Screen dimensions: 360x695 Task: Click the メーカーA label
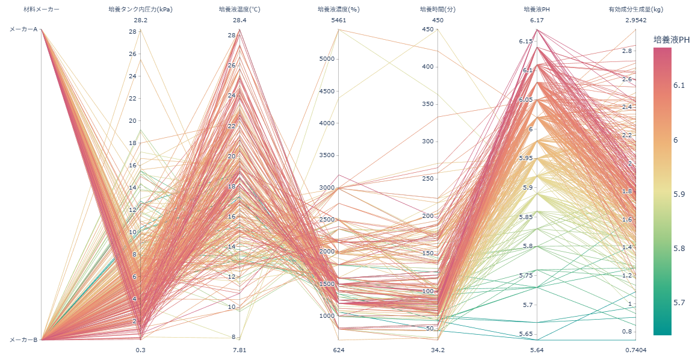[x=23, y=29]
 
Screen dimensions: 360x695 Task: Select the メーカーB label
[x=23, y=340]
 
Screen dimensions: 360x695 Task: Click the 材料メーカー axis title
[x=42, y=10]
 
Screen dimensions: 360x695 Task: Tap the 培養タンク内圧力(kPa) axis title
[x=140, y=10]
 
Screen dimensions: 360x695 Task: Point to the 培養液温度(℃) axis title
[x=239, y=10]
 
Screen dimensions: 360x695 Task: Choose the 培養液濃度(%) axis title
[x=339, y=10]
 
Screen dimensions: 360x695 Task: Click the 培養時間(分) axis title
[x=438, y=10]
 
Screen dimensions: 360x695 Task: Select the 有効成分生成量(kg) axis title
[x=636, y=10]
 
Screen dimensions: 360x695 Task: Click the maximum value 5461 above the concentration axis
[x=339, y=20]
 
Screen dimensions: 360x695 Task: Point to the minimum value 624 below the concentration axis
[x=339, y=350]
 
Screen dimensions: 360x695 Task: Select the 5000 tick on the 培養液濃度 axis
[x=328, y=59]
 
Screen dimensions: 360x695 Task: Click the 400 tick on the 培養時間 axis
[x=428, y=67]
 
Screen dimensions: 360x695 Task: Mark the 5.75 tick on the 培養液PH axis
[x=525, y=276]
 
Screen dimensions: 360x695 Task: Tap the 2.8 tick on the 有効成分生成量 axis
[x=626, y=51]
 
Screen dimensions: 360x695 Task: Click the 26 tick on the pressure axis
[x=132, y=54]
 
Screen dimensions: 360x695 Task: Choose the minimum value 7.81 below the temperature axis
[x=239, y=350]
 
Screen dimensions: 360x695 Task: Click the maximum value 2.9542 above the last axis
[x=636, y=20]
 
